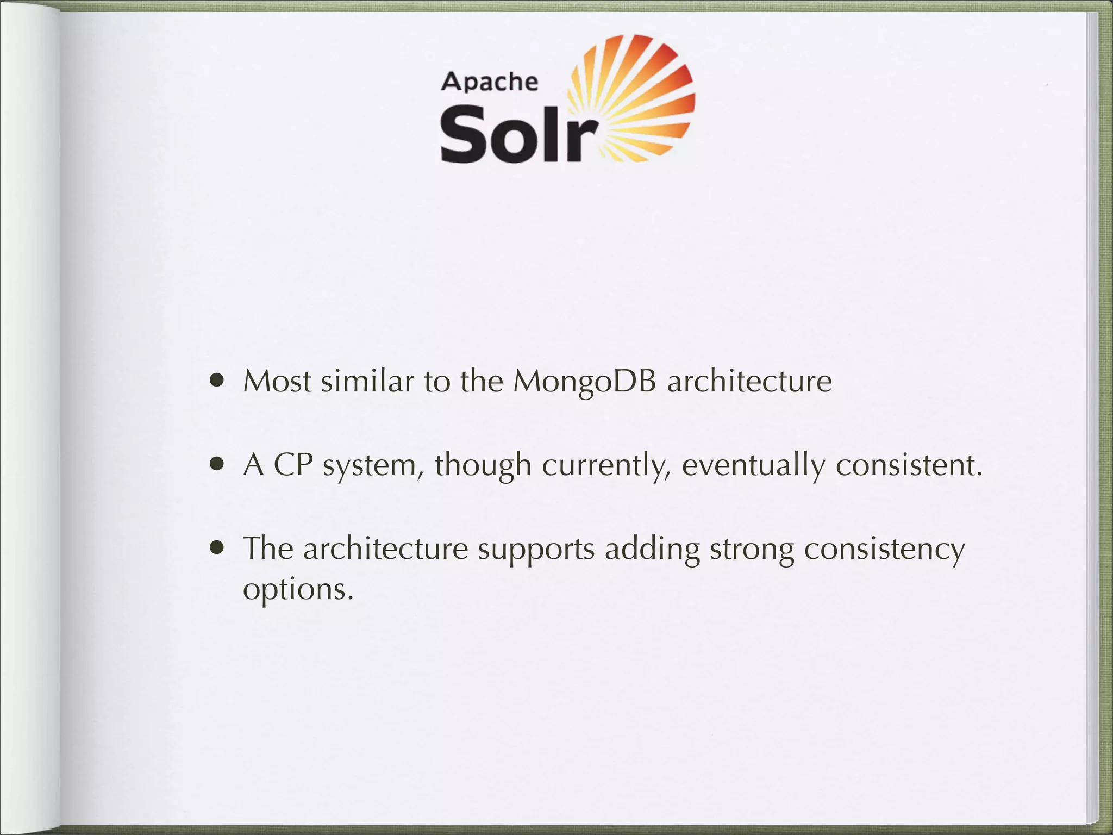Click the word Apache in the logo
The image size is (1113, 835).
tap(490, 82)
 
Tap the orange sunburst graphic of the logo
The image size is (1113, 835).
tap(636, 98)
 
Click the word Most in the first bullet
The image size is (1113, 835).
tap(277, 381)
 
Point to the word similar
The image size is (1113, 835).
tap(367, 381)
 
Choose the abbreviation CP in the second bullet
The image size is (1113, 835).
tap(293, 465)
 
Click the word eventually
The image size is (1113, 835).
tap(753, 466)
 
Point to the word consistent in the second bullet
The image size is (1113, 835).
tap(909, 465)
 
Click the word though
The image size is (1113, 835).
tap(483, 466)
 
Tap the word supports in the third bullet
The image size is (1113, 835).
tap(536, 550)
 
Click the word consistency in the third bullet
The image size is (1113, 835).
tap(884, 550)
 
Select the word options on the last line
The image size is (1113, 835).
tap(298, 589)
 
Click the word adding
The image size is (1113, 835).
tap(652, 549)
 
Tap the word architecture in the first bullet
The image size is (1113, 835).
tap(749, 382)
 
